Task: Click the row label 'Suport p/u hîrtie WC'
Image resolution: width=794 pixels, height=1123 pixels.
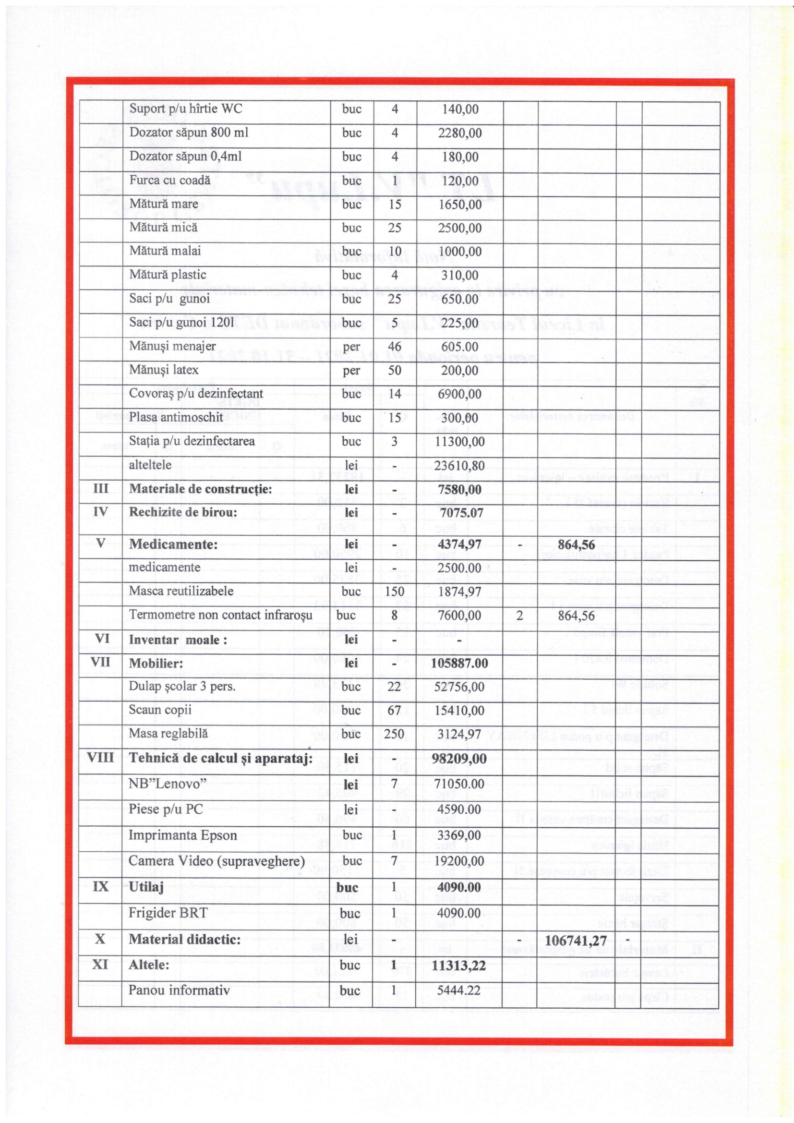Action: [185, 109]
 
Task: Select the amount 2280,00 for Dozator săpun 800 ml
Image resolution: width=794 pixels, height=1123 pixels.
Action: [459, 133]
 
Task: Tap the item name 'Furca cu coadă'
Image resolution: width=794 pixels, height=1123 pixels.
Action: [169, 180]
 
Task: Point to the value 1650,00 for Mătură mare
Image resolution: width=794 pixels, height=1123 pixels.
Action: [459, 205]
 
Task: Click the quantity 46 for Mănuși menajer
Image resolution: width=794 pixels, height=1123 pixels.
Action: [395, 347]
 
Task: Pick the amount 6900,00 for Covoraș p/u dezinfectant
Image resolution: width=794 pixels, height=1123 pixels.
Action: [459, 394]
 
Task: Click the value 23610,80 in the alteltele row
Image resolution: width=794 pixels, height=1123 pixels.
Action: [459, 466]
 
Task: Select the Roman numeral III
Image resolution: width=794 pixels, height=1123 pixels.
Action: [100, 489]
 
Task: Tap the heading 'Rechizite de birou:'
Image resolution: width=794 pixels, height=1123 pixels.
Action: [183, 512]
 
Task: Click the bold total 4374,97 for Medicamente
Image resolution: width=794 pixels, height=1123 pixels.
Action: [459, 544]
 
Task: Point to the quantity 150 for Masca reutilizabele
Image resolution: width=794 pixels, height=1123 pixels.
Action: [395, 592]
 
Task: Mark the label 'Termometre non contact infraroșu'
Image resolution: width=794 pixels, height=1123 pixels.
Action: [220, 615]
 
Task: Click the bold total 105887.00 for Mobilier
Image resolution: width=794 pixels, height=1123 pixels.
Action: [459, 663]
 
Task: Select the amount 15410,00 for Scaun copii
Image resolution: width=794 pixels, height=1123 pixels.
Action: [459, 710]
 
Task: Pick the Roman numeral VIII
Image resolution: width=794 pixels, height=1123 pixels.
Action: [100, 758]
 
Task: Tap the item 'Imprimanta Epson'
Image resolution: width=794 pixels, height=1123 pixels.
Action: [182, 835]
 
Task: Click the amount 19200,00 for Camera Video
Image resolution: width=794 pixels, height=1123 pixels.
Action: [459, 861]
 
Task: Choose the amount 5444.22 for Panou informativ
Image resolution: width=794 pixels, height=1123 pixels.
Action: [458, 990]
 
